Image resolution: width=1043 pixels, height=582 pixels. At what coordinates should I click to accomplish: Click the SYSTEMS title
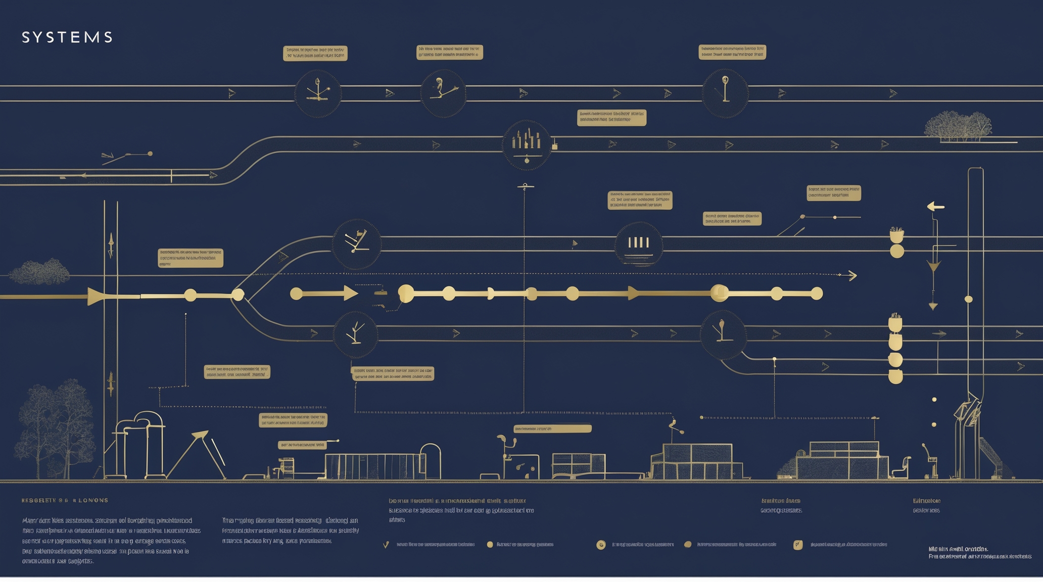pos(67,37)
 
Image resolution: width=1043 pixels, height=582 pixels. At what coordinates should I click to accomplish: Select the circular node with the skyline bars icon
pos(527,144)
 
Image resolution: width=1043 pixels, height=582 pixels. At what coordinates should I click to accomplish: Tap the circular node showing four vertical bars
pos(638,244)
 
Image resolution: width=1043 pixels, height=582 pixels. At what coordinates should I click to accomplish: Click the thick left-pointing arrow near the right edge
pos(935,206)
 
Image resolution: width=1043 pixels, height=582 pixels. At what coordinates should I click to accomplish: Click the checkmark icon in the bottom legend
pos(386,545)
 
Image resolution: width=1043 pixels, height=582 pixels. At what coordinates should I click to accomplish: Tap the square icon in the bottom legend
pos(798,545)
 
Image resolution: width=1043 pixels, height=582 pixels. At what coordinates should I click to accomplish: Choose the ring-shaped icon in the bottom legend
pos(601,545)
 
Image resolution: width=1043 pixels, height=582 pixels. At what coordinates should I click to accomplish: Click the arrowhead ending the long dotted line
pos(852,275)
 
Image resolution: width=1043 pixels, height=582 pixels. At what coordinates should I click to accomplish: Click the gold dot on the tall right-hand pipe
pos(969,299)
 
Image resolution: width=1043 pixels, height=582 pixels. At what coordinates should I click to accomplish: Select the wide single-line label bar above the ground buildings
pos(552,429)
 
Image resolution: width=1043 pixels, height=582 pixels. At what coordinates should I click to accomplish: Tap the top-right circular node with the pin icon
pos(725,93)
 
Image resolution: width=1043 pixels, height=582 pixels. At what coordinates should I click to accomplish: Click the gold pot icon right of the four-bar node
pos(896,235)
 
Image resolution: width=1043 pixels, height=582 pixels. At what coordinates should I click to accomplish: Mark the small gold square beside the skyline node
pos(555,147)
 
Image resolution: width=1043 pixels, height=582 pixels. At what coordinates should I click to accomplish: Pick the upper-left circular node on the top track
pos(318,93)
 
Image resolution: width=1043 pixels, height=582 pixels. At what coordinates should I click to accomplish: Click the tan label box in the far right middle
pos(834,193)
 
